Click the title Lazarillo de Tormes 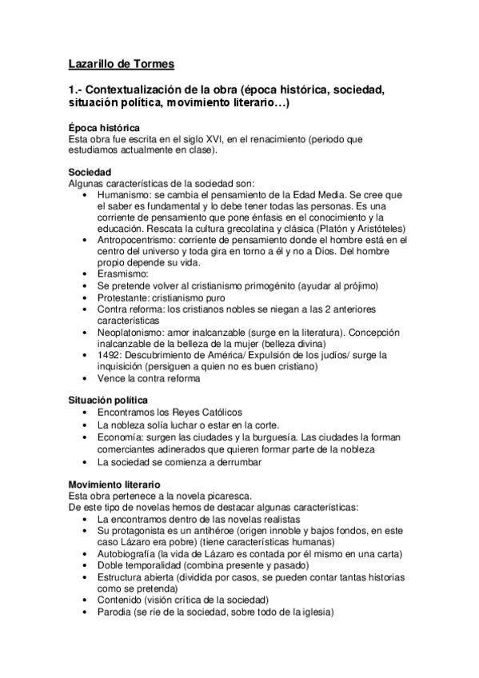tap(120, 63)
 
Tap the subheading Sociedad tap(90, 173)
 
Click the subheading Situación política tap(108, 400)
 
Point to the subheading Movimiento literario tap(114, 484)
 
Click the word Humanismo tap(123, 194)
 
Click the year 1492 tap(109, 353)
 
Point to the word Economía tap(121, 438)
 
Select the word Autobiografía tap(130, 552)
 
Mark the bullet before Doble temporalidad tap(86, 564)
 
